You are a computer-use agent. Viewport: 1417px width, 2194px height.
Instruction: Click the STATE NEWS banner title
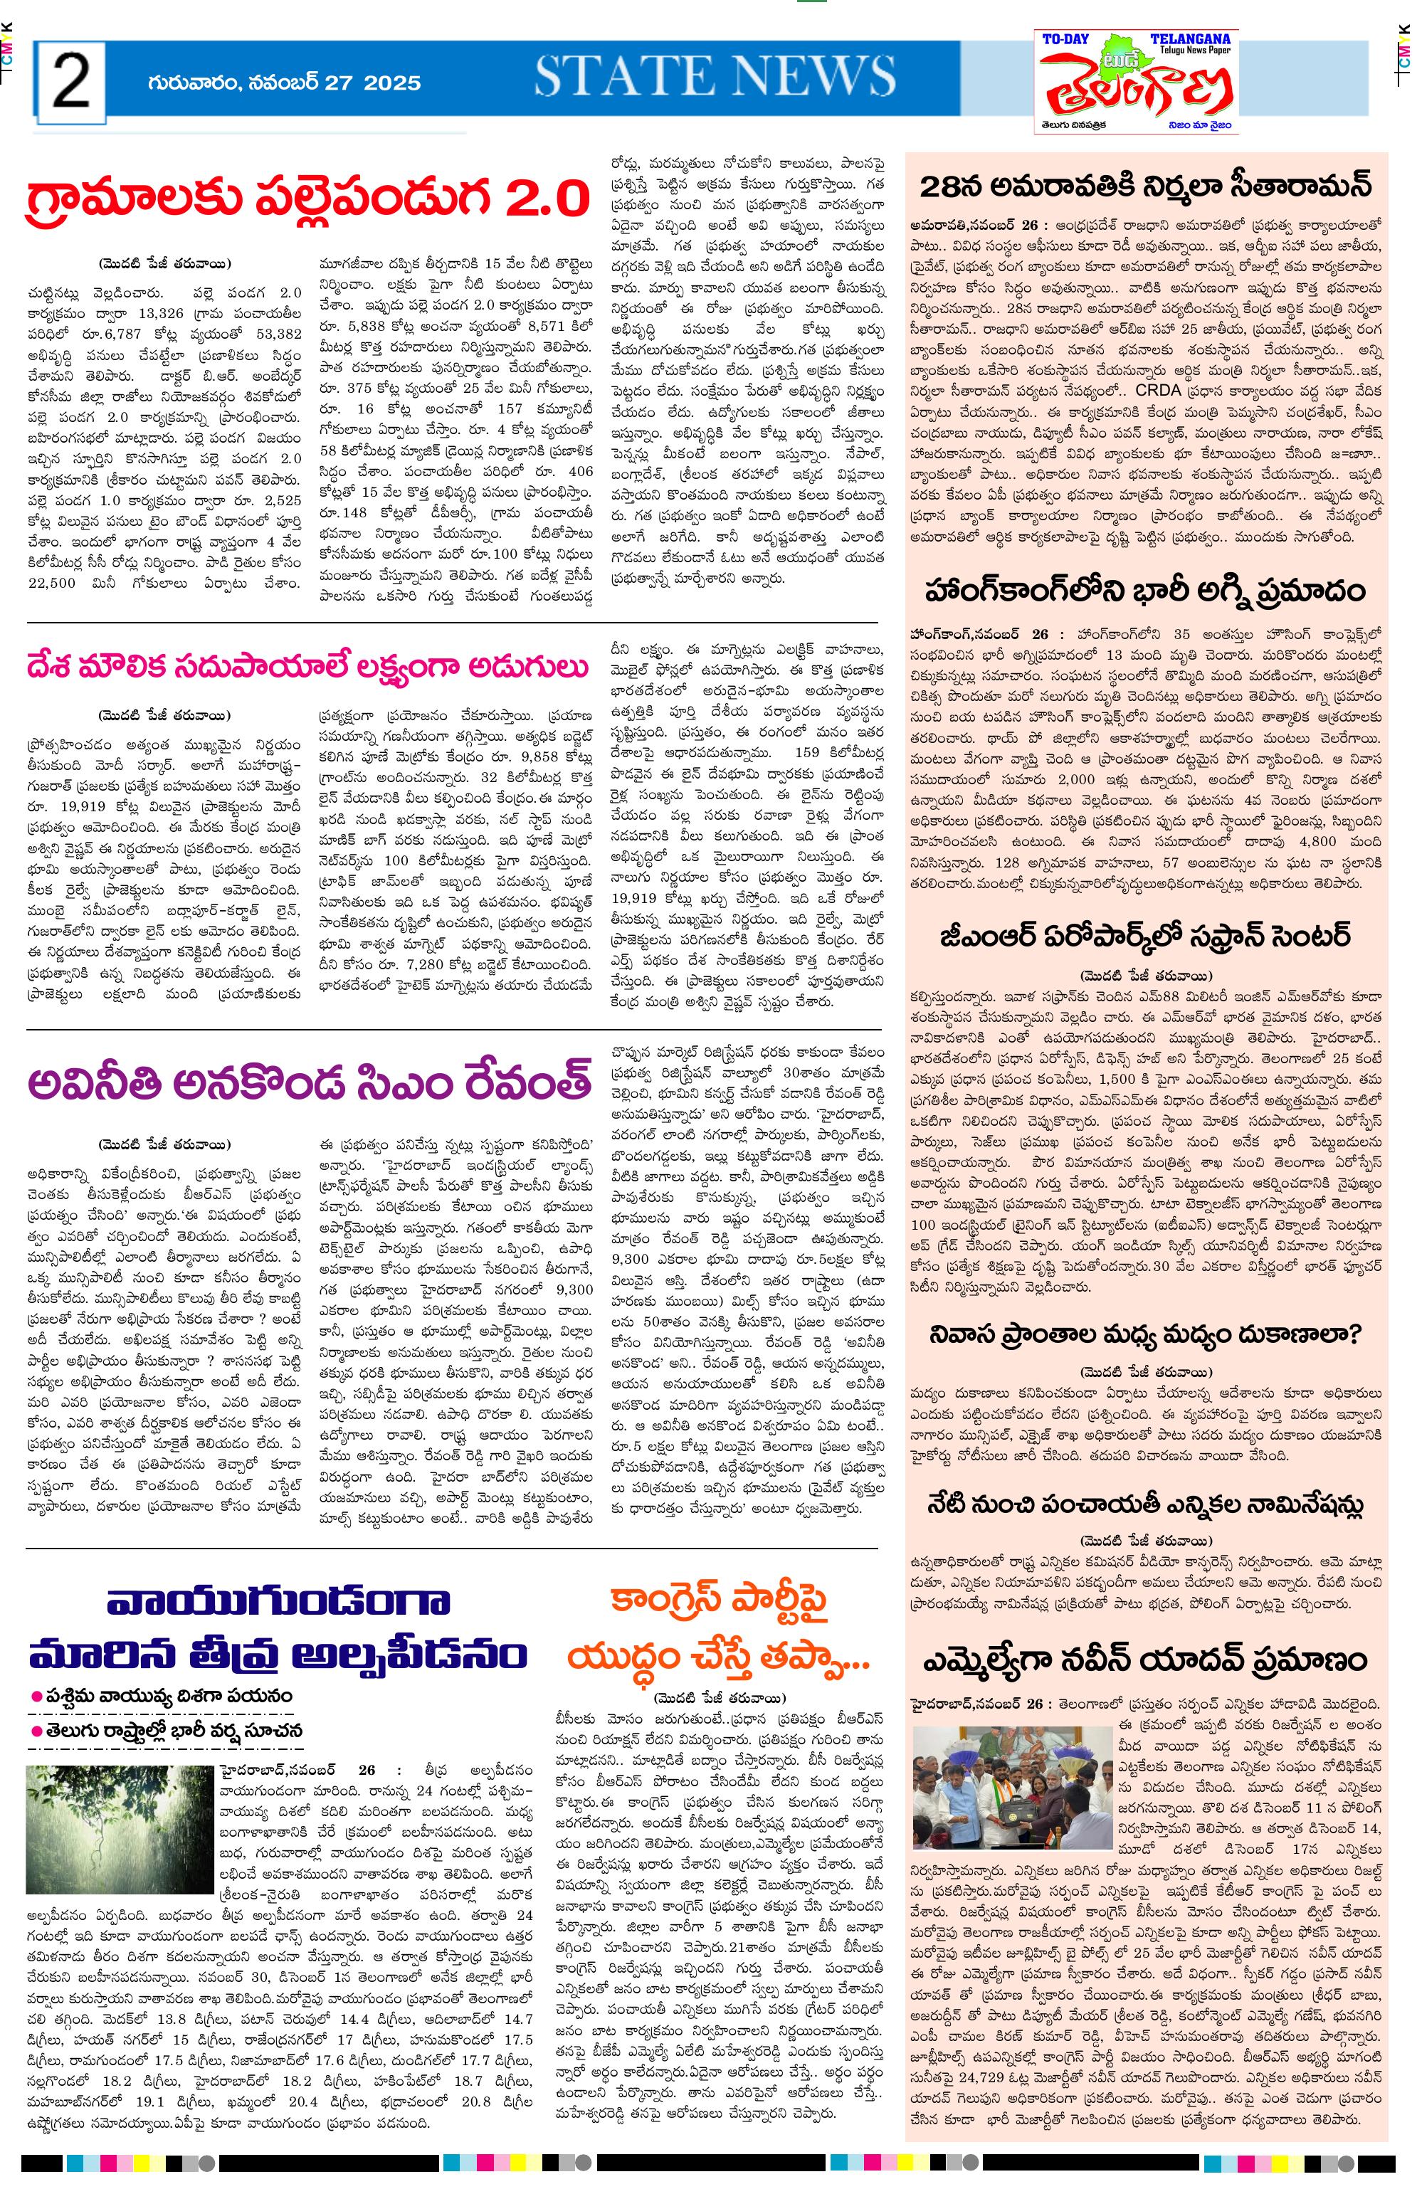[715, 76]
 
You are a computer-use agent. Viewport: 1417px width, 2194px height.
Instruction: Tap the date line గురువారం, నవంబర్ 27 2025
[283, 83]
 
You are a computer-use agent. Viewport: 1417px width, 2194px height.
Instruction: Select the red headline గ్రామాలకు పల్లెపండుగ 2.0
[308, 199]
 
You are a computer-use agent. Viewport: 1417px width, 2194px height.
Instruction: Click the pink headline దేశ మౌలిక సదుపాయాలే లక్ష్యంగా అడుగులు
[308, 666]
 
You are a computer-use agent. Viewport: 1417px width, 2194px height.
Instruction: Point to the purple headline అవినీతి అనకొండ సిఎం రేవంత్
[308, 1082]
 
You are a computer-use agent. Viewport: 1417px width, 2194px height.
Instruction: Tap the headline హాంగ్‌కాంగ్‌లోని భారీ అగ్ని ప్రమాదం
[1146, 590]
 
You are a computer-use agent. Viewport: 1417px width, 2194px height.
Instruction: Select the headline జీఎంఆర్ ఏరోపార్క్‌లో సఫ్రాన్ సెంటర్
[1146, 937]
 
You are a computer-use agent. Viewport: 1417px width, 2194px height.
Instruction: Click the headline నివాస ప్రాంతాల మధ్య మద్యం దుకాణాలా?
[1146, 1334]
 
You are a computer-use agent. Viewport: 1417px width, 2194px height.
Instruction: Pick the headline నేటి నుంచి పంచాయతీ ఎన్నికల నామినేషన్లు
[1146, 1504]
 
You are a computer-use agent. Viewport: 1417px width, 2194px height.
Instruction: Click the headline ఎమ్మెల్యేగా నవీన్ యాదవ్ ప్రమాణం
[1146, 1660]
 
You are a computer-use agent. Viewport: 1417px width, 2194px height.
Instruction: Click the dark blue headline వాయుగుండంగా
[278, 1602]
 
